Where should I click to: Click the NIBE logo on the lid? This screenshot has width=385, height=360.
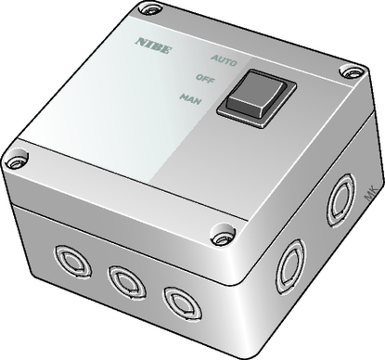pyautogui.click(x=153, y=45)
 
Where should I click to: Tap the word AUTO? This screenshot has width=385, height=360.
pyautogui.click(x=224, y=60)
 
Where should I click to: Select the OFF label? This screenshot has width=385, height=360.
pyautogui.click(x=205, y=79)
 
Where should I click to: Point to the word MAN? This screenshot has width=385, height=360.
pyautogui.click(x=190, y=98)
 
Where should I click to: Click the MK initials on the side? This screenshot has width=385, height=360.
pyautogui.click(x=370, y=193)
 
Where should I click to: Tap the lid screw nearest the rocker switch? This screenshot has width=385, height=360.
pyautogui.click(x=352, y=72)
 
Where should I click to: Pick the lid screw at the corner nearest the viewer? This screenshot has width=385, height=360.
pyautogui.click(x=223, y=237)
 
